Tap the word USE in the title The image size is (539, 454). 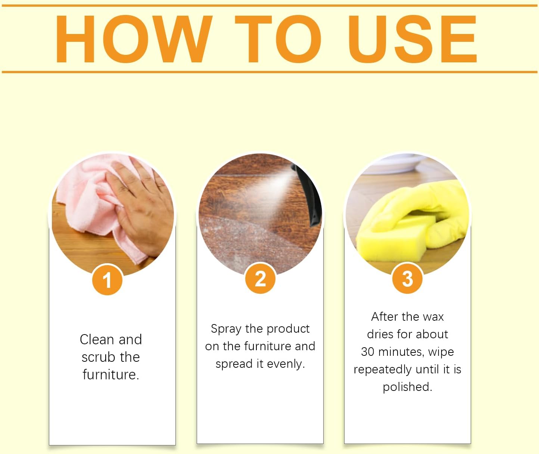point(412,39)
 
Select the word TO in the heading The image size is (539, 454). point(278,39)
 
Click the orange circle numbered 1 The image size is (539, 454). point(107,280)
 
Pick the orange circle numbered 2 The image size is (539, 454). point(260,279)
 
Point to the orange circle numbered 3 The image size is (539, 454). point(407,279)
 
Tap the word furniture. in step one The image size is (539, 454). point(111,374)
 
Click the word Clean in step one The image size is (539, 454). point(97,339)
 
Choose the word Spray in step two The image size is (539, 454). point(226,329)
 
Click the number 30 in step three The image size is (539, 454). point(367,352)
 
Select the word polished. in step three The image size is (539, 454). point(407,387)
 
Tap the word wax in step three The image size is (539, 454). point(433,317)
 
